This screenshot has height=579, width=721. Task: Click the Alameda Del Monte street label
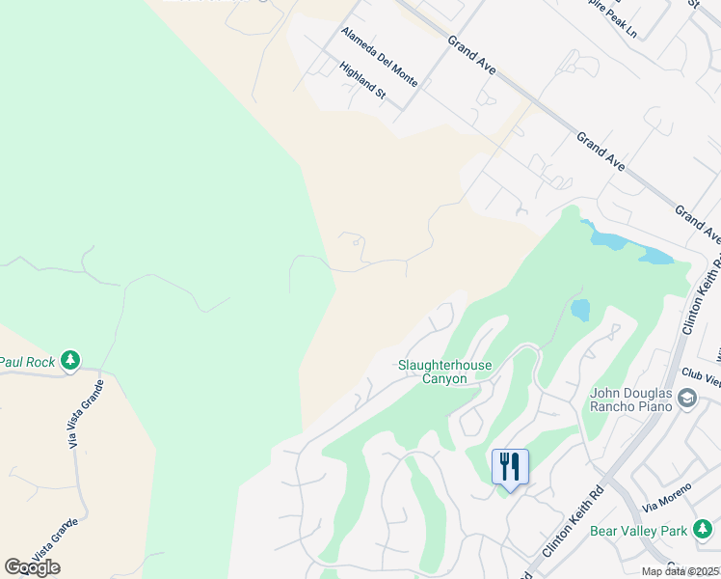379,57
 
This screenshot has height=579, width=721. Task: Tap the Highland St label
362,81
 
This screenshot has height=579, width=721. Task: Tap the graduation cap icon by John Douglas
686,398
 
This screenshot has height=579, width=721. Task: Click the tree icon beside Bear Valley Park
704,529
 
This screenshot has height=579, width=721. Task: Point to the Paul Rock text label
26,362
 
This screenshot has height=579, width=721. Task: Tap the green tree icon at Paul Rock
69,361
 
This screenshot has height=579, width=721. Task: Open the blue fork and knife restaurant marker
510,467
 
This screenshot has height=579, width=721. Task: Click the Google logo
32,566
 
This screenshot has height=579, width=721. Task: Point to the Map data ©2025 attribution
681,571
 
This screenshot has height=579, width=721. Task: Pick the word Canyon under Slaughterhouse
444,379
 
